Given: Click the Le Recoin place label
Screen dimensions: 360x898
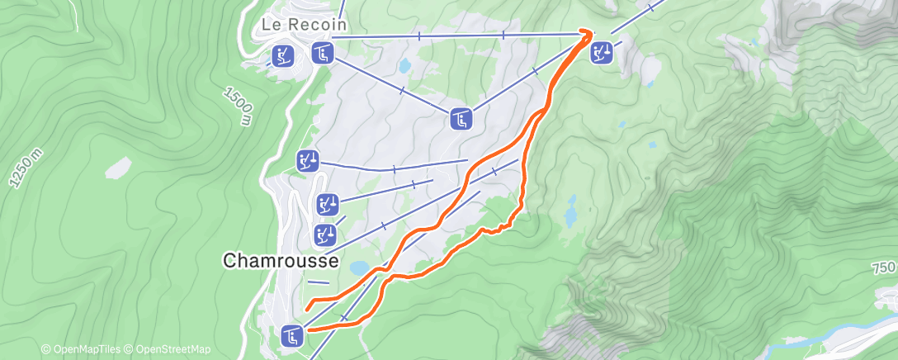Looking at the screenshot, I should pyautogui.click(x=303, y=25).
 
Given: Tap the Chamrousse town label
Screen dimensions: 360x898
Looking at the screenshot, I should pyautogui.click(x=281, y=261).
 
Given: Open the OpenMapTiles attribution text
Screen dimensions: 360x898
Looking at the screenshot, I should pyautogui.click(x=84, y=349).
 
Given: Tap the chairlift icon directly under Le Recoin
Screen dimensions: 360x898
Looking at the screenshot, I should pyautogui.click(x=322, y=54).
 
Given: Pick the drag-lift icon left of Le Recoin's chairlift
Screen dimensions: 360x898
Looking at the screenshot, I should pyautogui.click(x=282, y=55).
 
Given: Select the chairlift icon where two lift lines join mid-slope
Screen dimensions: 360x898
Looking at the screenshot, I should pyautogui.click(x=461, y=119).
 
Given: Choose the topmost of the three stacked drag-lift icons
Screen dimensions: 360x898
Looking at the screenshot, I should pyautogui.click(x=308, y=159).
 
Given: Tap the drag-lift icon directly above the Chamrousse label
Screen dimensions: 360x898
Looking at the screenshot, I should pyautogui.click(x=324, y=234).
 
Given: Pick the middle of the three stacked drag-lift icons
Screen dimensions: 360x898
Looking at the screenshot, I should pyautogui.click(x=328, y=202).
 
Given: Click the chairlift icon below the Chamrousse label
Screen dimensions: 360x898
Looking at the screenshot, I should pyautogui.click(x=292, y=335).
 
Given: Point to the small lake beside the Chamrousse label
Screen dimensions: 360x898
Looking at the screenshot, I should pyautogui.click(x=359, y=268).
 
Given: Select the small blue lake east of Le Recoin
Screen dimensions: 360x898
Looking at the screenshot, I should pyautogui.click(x=404, y=64).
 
